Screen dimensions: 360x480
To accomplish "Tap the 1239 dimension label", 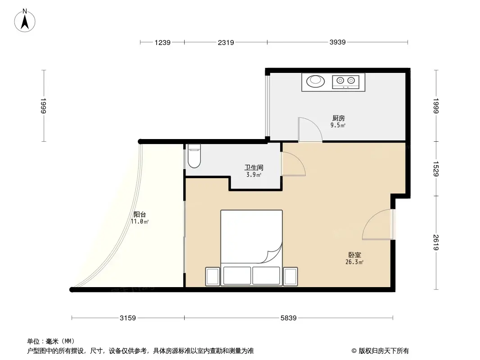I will [x=163, y=43].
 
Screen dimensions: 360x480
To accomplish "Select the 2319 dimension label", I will [x=226, y=43].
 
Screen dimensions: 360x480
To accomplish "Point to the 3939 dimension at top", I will [x=337, y=43].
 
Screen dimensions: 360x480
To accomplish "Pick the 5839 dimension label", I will [x=289, y=319].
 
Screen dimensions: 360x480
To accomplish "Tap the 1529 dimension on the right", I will [x=435, y=168].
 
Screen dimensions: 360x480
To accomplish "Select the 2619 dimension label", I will [x=435, y=243].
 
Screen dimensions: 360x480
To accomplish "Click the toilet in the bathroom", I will [x=194, y=155].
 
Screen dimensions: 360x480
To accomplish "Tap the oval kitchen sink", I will [x=315, y=81].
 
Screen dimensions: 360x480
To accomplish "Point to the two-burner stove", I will [x=346, y=81].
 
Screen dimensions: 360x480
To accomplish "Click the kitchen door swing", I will [x=310, y=130].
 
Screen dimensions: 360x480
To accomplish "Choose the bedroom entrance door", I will [x=377, y=225].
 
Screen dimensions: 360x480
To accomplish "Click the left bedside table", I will [x=213, y=276].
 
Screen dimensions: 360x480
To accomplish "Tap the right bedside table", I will [x=290, y=276].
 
